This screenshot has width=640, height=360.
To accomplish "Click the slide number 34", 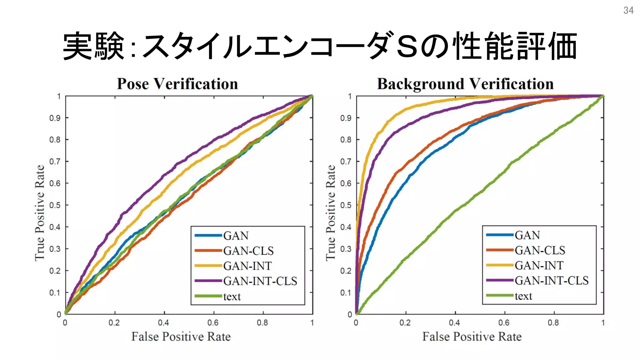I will click(x=628, y=10).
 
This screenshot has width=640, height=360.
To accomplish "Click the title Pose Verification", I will click(x=177, y=84).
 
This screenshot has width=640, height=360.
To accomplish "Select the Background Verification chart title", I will click(x=465, y=84).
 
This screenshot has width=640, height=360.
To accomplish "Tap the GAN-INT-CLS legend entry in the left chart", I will click(x=260, y=281).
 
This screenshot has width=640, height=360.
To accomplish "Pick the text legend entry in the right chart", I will click(x=523, y=296).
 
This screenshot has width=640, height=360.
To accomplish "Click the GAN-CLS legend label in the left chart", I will click(x=248, y=251).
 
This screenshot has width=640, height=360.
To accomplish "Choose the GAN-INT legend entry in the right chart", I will click(x=539, y=265).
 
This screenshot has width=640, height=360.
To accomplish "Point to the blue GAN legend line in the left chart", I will click(x=208, y=235).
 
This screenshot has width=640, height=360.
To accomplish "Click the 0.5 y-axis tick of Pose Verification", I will click(x=55, y=205).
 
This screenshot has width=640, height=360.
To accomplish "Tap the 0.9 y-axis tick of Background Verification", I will click(x=346, y=118).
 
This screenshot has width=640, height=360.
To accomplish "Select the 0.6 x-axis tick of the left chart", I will click(x=213, y=322).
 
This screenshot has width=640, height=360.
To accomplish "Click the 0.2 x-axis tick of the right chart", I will click(x=405, y=322).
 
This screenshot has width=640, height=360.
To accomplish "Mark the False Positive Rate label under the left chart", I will click(x=181, y=337).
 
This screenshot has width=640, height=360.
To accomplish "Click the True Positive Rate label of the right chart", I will click(x=331, y=212).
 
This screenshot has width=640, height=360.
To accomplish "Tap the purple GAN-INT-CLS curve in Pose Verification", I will click(x=162, y=177).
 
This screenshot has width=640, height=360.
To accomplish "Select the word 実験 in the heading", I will click(x=94, y=46).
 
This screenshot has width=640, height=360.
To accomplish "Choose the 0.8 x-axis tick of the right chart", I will click(x=553, y=322).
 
